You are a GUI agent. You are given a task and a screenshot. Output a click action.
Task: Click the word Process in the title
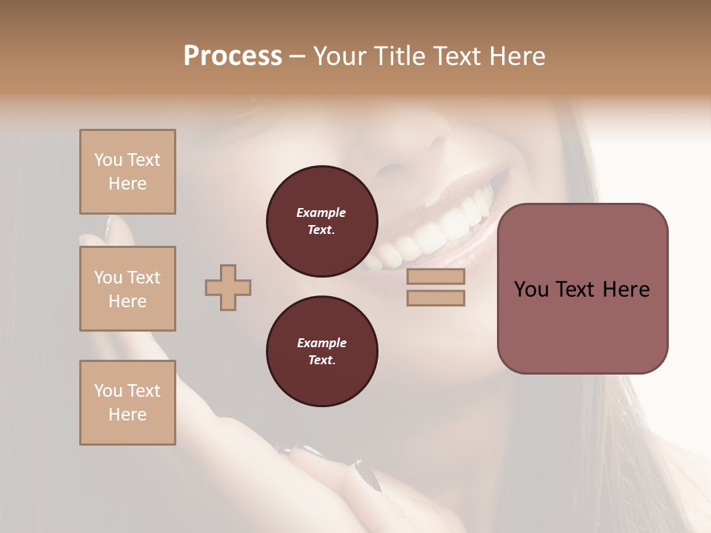coord(233,56)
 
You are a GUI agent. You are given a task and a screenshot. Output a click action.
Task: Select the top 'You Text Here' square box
coord(127,172)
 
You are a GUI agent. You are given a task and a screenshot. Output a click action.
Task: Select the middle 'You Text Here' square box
coord(127,289)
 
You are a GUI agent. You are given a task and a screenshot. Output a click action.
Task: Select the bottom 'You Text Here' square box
coord(127,403)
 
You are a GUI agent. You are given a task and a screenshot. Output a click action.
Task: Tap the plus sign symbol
coord(228,287)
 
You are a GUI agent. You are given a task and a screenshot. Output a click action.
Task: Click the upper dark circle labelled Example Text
coord(321,221)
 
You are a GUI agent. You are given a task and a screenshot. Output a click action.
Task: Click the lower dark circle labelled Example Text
coord(321,352)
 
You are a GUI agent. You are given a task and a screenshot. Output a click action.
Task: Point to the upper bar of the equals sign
coord(435,277)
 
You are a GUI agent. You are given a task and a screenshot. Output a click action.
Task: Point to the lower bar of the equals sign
coord(435,298)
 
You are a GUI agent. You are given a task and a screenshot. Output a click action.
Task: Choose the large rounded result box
coord(582,289)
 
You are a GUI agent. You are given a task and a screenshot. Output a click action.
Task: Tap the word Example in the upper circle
coord(321,212)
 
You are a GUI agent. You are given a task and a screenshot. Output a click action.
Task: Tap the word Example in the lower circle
coord(321,343)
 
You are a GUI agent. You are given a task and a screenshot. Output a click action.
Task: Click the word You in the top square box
coord(107,160)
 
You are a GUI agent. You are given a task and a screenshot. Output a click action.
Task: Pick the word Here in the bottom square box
coord(127,415)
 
